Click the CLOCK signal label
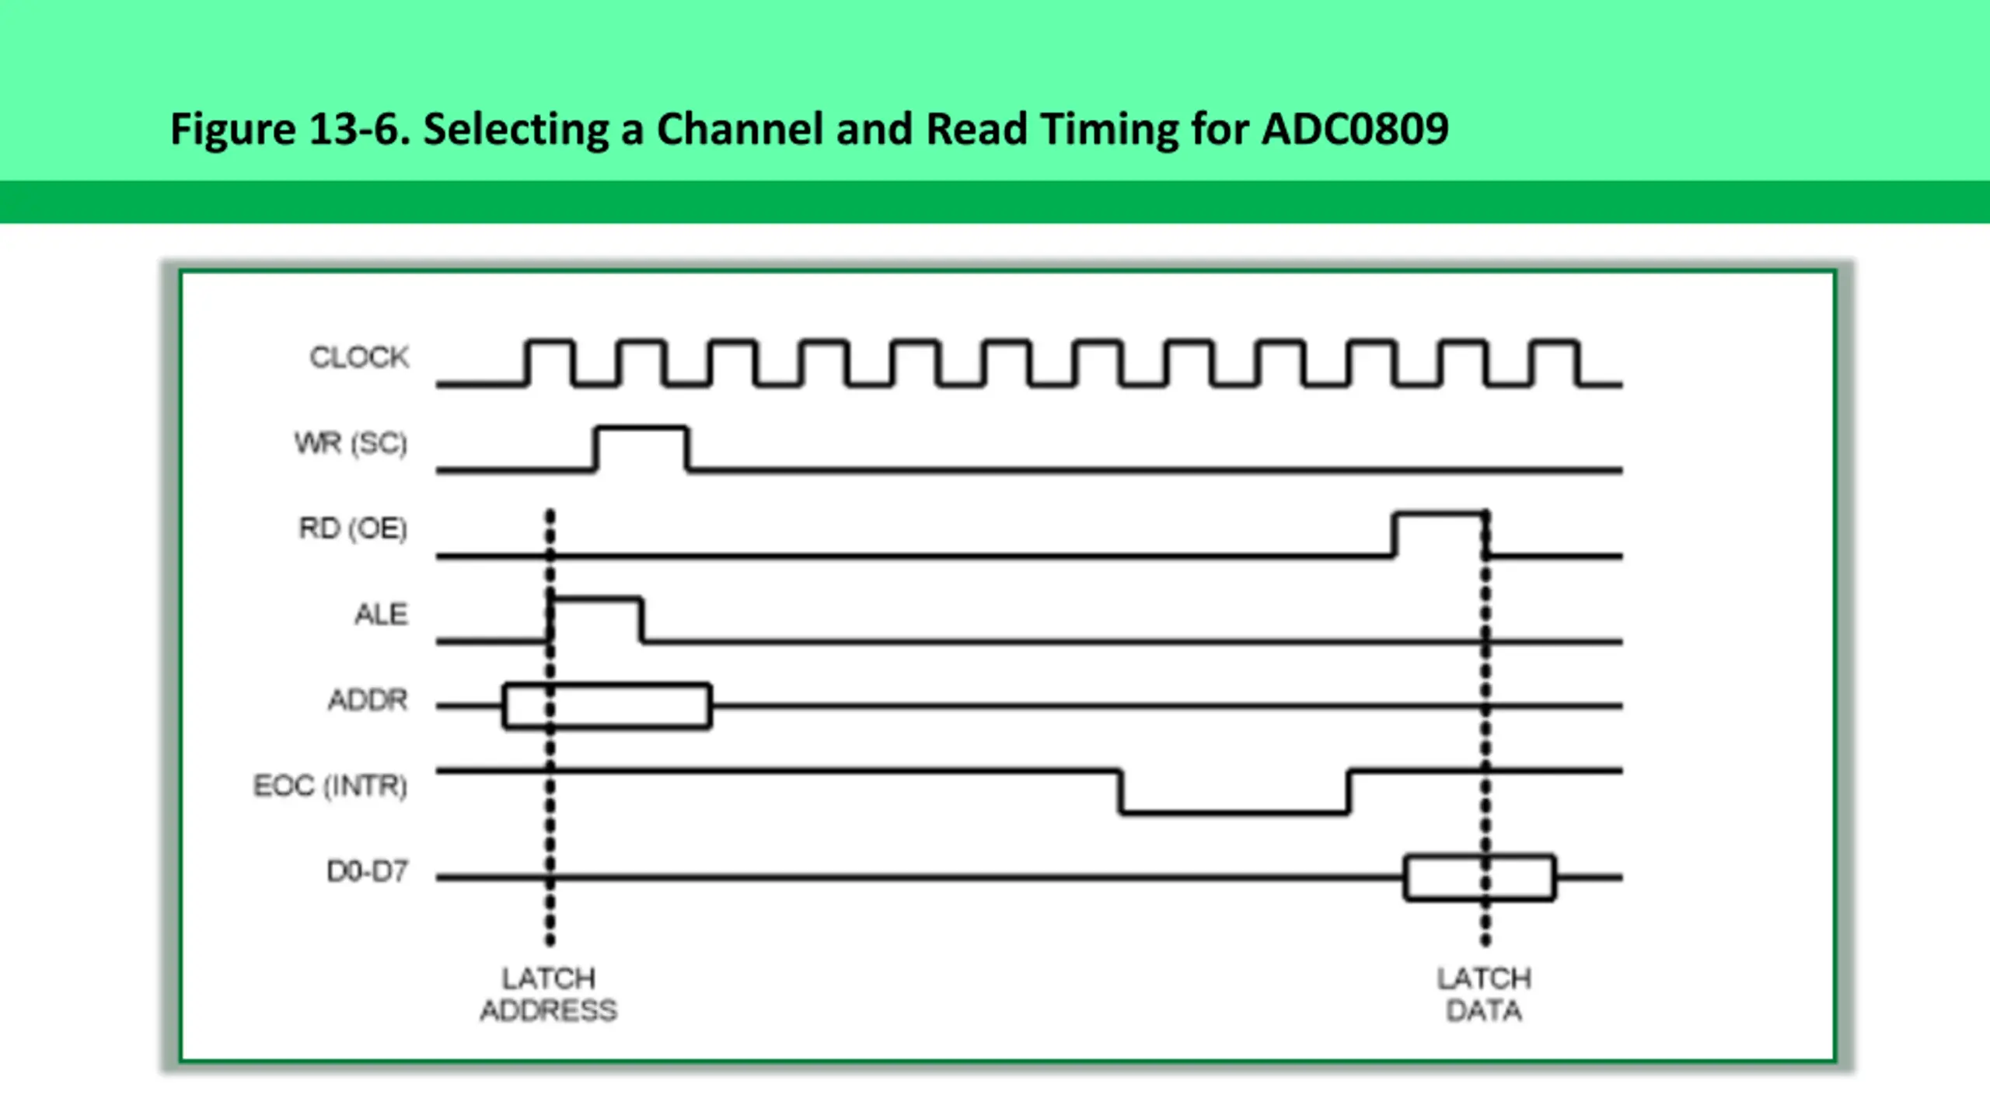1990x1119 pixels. [x=359, y=357]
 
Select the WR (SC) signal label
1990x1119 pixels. [x=351, y=443]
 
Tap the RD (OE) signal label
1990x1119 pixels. [x=353, y=528]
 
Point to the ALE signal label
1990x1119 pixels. [x=381, y=614]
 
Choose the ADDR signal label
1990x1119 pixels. [x=368, y=700]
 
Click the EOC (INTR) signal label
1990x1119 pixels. [x=330, y=786]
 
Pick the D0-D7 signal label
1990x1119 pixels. [x=368, y=871]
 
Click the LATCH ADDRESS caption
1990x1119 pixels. [x=549, y=994]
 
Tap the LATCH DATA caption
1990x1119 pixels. [x=1484, y=994]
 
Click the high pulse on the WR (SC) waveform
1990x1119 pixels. [x=641, y=427]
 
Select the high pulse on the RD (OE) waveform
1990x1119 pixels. [x=1440, y=513]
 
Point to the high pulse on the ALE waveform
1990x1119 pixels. [x=596, y=599]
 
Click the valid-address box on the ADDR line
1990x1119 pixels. [x=607, y=685]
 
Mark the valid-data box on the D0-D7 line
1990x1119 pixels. [x=1480, y=856]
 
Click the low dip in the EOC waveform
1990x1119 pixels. [x=1234, y=813]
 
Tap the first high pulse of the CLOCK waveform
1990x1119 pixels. [x=550, y=341]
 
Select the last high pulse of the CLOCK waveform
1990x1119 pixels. [x=1555, y=341]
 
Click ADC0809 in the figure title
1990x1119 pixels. [x=1355, y=129]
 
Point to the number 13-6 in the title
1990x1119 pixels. [x=359, y=129]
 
